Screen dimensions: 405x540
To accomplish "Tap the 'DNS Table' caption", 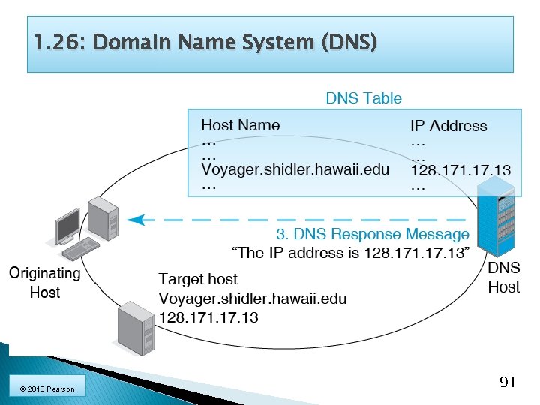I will point(364,98).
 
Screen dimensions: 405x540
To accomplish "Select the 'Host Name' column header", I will point(240,125).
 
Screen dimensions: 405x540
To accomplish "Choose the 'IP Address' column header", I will point(448,126).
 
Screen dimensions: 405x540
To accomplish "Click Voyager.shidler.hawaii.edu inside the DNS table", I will point(295,169).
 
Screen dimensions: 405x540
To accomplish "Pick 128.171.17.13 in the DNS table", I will point(460,170).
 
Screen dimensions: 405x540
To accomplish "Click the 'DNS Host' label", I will point(504,277).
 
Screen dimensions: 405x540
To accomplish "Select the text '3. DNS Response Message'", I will point(373,235).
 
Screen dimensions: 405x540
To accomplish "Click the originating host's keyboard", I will point(81,247).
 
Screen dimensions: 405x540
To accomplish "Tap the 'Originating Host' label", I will point(44,282).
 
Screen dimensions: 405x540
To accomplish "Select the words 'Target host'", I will point(198,279).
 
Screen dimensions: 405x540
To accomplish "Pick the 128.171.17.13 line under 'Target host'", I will point(208,317).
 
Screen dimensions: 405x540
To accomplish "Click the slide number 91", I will point(507,382).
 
